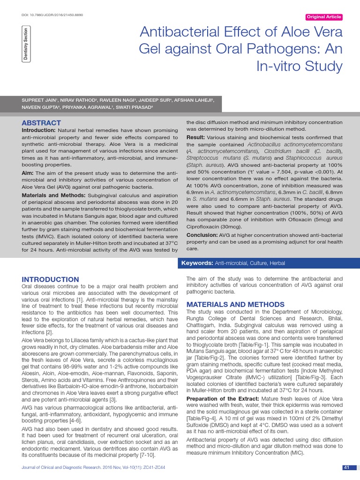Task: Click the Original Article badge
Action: tap(324, 17)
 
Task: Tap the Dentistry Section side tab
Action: tap(25, 44)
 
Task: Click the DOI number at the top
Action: tap(52, 15)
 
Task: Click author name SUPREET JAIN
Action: tap(39, 101)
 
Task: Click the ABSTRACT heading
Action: tap(42, 123)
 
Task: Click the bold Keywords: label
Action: tap(197, 263)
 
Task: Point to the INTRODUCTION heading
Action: tap(50, 279)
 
